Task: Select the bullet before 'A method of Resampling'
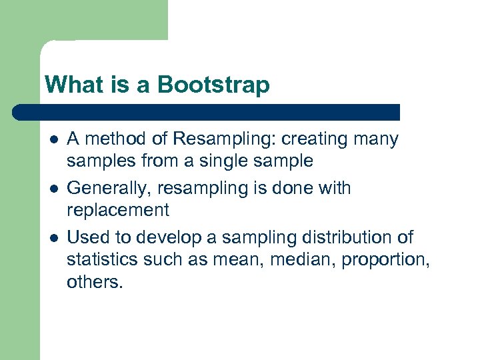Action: click(53, 140)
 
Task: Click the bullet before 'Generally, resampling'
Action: click(53, 189)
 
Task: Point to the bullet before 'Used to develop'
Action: click(53, 238)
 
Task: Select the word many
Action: click(378, 139)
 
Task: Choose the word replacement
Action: click(117, 211)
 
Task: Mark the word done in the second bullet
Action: click(294, 189)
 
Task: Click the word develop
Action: click(177, 237)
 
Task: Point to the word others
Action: click(94, 281)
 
